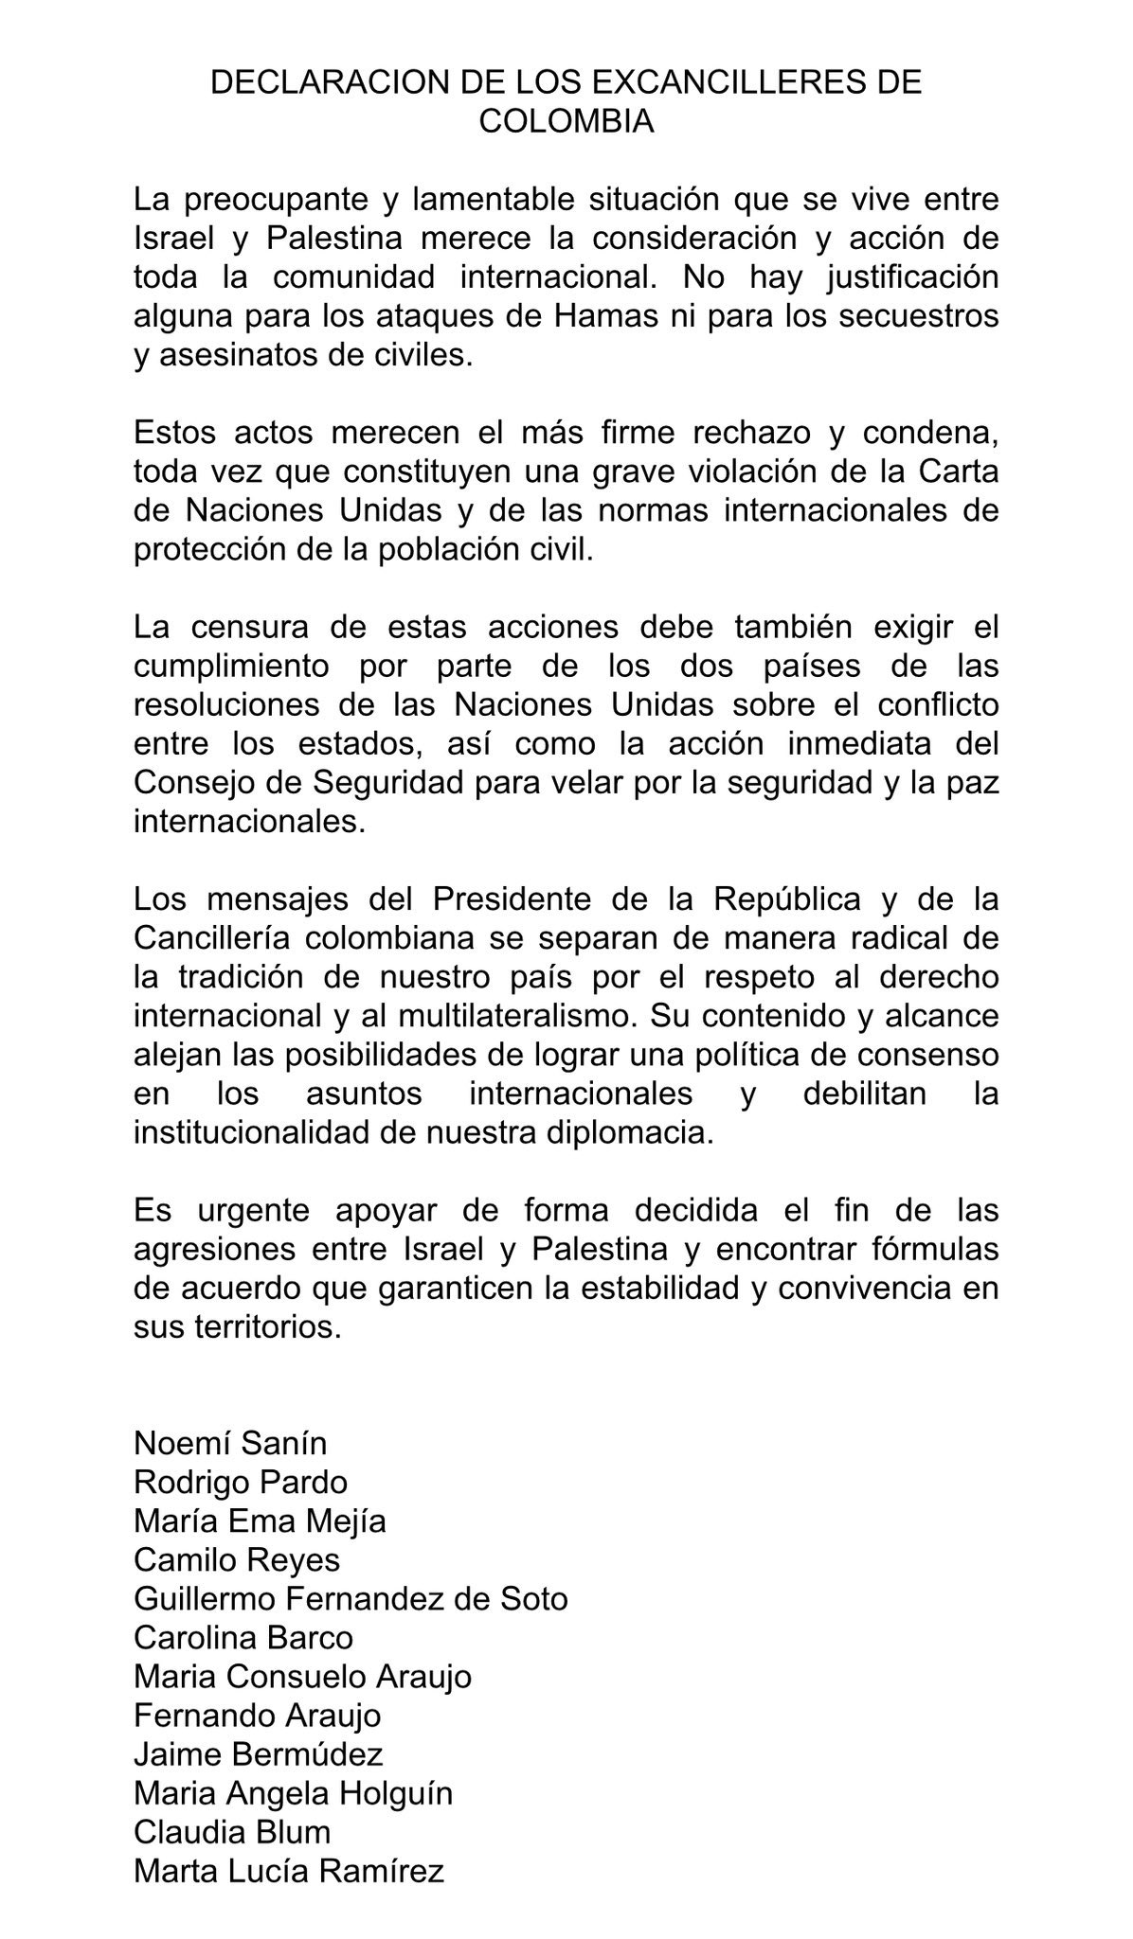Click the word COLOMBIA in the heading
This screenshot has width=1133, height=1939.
click(566, 121)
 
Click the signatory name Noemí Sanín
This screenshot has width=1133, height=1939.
click(230, 1443)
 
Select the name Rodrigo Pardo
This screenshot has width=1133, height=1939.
click(241, 1482)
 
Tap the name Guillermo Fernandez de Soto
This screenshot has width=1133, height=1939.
click(351, 1599)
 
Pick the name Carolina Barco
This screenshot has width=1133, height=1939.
click(243, 1638)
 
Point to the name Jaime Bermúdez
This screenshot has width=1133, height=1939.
click(258, 1754)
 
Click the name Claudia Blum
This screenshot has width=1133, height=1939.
click(232, 1832)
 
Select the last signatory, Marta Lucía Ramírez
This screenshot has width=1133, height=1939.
click(289, 1871)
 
